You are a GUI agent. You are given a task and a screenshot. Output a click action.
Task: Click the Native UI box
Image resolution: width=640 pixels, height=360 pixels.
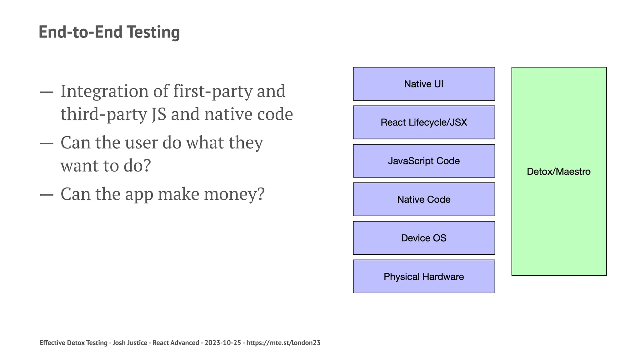[x=424, y=84]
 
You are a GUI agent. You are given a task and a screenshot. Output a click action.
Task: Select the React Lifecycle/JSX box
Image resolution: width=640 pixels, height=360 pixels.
[x=424, y=122]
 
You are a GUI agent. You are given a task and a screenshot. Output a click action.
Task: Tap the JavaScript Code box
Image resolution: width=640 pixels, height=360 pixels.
[x=424, y=161]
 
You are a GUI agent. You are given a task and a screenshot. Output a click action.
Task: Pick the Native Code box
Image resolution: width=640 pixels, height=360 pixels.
[x=424, y=199]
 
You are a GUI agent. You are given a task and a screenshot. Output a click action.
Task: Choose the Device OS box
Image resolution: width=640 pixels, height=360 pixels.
[x=424, y=238]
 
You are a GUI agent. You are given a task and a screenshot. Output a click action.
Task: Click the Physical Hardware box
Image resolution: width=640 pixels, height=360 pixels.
[x=424, y=277]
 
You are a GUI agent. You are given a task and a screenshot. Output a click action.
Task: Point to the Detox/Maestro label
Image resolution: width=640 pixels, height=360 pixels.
[x=559, y=172]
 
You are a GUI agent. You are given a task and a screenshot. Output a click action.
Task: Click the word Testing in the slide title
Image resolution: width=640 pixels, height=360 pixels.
[x=153, y=32]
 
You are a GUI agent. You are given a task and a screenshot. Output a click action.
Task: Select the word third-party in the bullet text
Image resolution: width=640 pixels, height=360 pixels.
[x=103, y=114]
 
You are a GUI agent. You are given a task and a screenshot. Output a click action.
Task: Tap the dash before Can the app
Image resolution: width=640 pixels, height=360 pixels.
[x=47, y=194]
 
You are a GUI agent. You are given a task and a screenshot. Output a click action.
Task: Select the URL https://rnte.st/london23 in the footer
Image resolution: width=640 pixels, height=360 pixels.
[x=283, y=343]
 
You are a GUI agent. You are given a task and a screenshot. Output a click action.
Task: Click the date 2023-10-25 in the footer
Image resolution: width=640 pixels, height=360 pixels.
[x=223, y=343]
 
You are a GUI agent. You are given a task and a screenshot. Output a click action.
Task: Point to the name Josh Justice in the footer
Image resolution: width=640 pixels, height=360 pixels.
[x=130, y=343]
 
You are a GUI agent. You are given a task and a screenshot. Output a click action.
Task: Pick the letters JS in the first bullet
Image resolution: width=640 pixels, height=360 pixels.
[x=159, y=114]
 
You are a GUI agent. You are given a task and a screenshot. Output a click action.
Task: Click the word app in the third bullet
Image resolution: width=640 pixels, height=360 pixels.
[x=139, y=195]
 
